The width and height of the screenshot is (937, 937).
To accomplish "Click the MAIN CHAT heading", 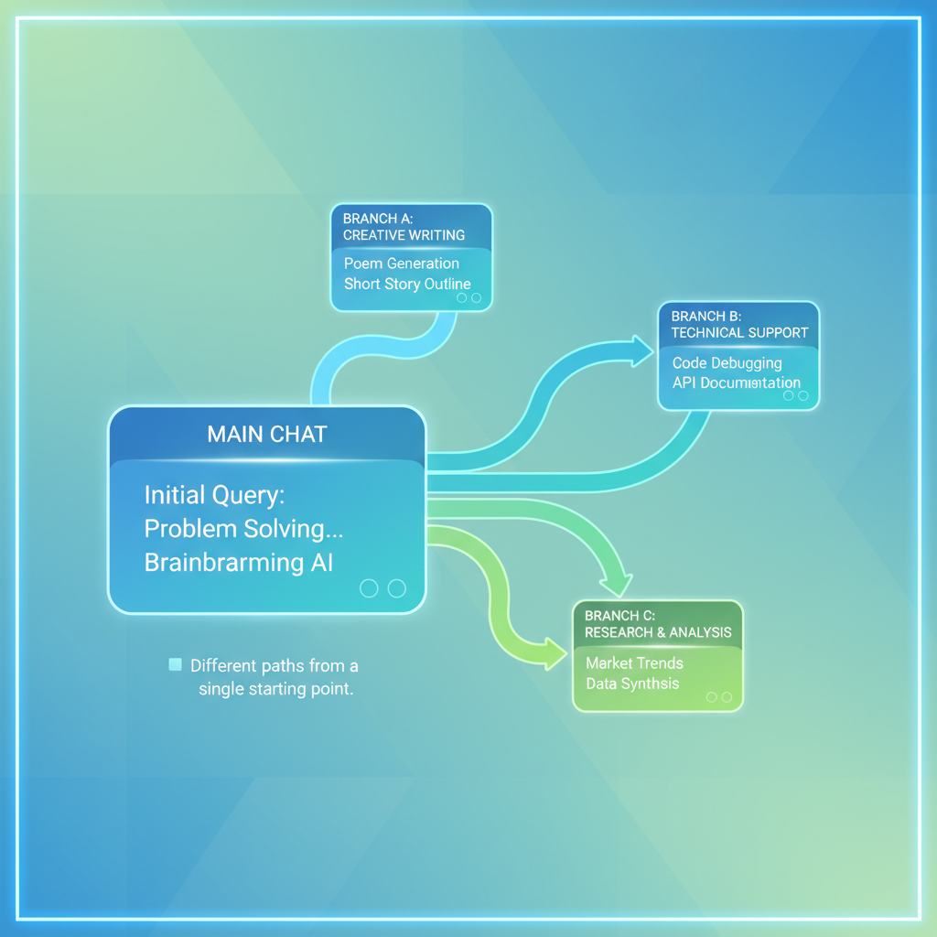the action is tap(267, 434).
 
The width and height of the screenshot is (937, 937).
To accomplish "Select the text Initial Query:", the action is tap(214, 495).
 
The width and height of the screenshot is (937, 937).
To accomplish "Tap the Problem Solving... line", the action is tap(243, 530).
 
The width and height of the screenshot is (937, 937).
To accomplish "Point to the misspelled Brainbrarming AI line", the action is tap(239, 563).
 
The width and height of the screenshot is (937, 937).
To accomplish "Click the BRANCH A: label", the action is tap(378, 219).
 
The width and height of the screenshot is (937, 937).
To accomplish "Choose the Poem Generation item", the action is tap(402, 264).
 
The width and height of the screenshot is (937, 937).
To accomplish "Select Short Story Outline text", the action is tap(407, 284).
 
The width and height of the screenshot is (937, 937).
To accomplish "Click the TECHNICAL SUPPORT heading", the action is tap(739, 333).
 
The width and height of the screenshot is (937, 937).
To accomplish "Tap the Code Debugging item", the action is tap(727, 363).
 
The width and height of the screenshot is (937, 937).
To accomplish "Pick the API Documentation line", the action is tap(737, 383).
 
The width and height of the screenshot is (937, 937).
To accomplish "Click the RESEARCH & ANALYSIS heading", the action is tap(658, 632).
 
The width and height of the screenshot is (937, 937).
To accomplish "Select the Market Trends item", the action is tap(634, 663).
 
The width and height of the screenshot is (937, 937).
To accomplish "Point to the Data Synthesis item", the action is tap(632, 684).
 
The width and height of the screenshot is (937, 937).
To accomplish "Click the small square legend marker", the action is tap(175, 664).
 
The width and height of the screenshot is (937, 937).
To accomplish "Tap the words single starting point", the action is tap(276, 689).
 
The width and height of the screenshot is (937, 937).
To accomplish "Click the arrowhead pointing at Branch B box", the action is tap(641, 350).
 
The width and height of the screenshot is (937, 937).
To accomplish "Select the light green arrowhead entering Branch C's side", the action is tap(554, 653).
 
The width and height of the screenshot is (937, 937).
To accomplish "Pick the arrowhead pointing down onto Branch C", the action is tap(617, 586).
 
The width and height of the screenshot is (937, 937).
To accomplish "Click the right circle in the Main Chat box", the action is tap(397, 588).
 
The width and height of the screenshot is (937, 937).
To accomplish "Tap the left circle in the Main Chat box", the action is tap(369, 588).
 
